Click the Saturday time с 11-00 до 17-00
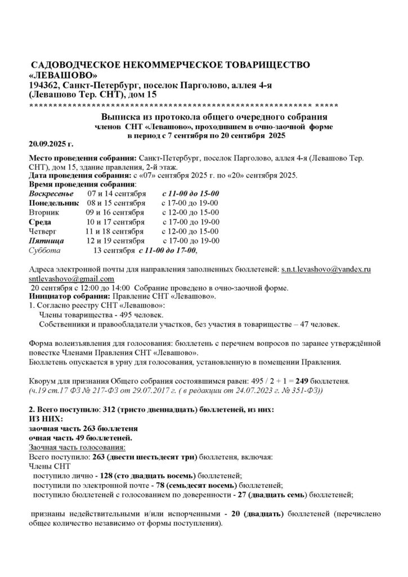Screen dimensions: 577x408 tap(169, 250)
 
